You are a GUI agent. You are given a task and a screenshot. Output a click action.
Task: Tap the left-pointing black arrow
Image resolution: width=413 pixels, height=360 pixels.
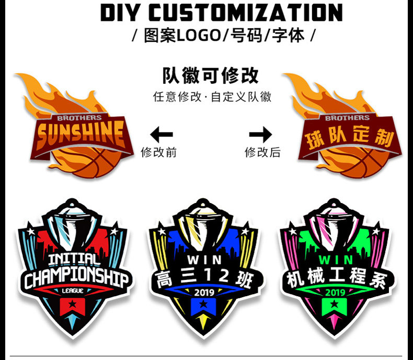[x=162, y=136]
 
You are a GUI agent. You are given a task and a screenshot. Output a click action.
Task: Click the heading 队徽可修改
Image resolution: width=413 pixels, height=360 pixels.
[x=210, y=75]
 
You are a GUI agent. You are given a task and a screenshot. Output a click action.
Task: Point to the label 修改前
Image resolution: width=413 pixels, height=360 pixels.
[x=159, y=152]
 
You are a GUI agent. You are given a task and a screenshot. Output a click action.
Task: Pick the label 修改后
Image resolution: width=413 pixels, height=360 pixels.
[x=262, y=152]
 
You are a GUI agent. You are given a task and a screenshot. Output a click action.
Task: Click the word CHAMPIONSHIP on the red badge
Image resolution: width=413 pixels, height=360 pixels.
[x=76, y=278]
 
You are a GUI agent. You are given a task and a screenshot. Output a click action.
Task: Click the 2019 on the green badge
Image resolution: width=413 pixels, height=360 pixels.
[x=335, y=292]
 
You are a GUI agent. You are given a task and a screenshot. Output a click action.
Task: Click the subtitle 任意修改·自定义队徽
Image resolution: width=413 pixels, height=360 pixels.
[x=212, y=98]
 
